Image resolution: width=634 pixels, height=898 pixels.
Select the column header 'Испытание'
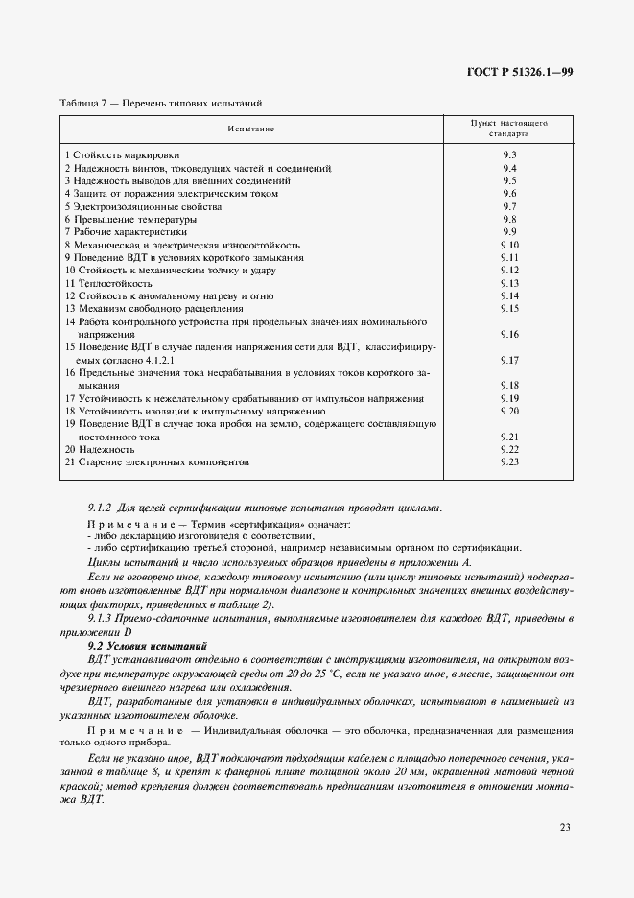250,128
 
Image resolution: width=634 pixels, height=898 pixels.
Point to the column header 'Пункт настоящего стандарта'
508,129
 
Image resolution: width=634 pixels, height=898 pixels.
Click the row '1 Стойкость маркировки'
122,154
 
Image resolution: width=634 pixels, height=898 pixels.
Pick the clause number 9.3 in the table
509,154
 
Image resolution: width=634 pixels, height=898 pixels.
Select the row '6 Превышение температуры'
130,219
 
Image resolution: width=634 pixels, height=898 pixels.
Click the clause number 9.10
509,245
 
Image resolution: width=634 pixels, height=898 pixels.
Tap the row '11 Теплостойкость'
108,283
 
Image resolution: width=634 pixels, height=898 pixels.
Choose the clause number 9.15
509,309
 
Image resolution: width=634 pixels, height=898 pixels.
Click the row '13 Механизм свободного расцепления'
147,309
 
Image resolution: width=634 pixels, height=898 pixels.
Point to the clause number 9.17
509,360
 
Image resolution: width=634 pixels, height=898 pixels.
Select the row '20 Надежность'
101,449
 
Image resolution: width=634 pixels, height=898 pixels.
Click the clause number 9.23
509,461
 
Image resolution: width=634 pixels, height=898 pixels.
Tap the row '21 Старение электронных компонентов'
156,461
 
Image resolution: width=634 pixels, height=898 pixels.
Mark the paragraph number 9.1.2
101,508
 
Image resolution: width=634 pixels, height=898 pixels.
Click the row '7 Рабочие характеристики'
126,232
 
